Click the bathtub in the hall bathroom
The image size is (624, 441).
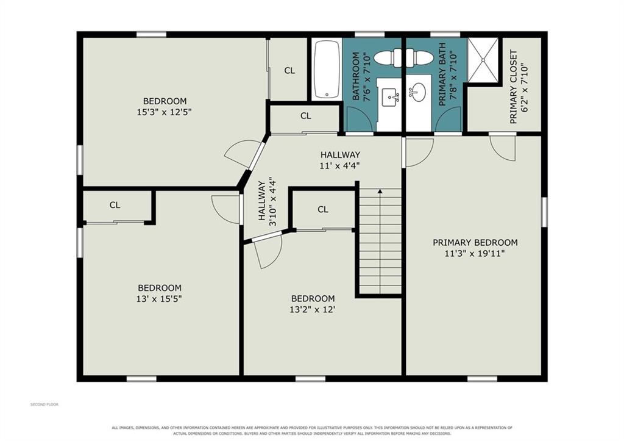coord(327,69)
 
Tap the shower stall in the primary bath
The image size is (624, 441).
coord(483,60)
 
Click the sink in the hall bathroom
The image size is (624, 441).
coord(391,97)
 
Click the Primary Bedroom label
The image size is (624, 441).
coord(475,242)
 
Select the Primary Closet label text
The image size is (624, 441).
coord(513,87)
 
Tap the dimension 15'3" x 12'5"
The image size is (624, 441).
coord(165,112)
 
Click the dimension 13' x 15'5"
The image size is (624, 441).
coord(159,298)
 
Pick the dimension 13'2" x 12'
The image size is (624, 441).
coord(313,309)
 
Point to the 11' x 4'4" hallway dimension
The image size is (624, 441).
coord(340,165)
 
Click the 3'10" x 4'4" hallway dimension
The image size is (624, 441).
coord(272,201)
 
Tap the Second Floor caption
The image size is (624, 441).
coord(44,404)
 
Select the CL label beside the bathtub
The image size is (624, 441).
coord(289,71)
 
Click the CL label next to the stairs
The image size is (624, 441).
coord(323,209)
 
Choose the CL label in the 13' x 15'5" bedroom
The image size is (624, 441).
coord(115,205)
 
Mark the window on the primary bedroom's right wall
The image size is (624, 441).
coord(544,212)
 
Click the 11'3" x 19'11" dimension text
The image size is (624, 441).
coord(475,253)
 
